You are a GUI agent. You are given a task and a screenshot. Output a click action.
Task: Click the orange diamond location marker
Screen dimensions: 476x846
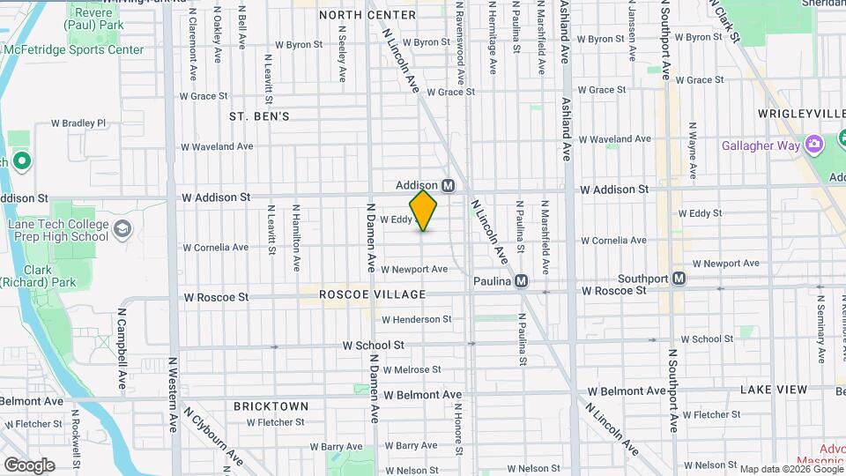click(x=423, y=211)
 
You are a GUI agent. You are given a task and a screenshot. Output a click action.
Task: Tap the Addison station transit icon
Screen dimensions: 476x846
click(x=448, y=185)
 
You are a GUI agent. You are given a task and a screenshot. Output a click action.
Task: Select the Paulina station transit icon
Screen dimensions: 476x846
click(x=521, y=281)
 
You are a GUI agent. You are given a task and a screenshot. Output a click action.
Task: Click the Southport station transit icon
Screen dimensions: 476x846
click(x=679, y=279)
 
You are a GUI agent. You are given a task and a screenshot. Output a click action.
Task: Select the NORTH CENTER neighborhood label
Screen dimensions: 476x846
click(x=367, y=15)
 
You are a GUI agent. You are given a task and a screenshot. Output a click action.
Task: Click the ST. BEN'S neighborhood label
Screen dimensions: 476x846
click(x=259, y=116)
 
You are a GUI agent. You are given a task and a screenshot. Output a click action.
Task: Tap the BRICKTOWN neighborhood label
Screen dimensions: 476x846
click(x=271, y=406)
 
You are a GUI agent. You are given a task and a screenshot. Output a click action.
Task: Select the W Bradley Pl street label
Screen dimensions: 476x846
click(x=78, y=123)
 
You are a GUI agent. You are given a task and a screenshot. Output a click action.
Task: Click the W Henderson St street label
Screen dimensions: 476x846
click(x=416, y=319)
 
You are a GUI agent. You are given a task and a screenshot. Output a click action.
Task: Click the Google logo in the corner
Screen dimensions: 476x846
click(x=29, y=465)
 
